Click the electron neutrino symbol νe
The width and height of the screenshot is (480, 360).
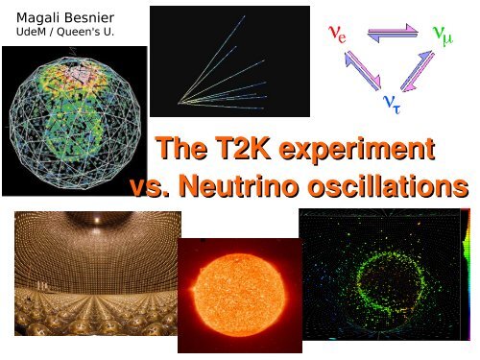[x=337, y=35]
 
